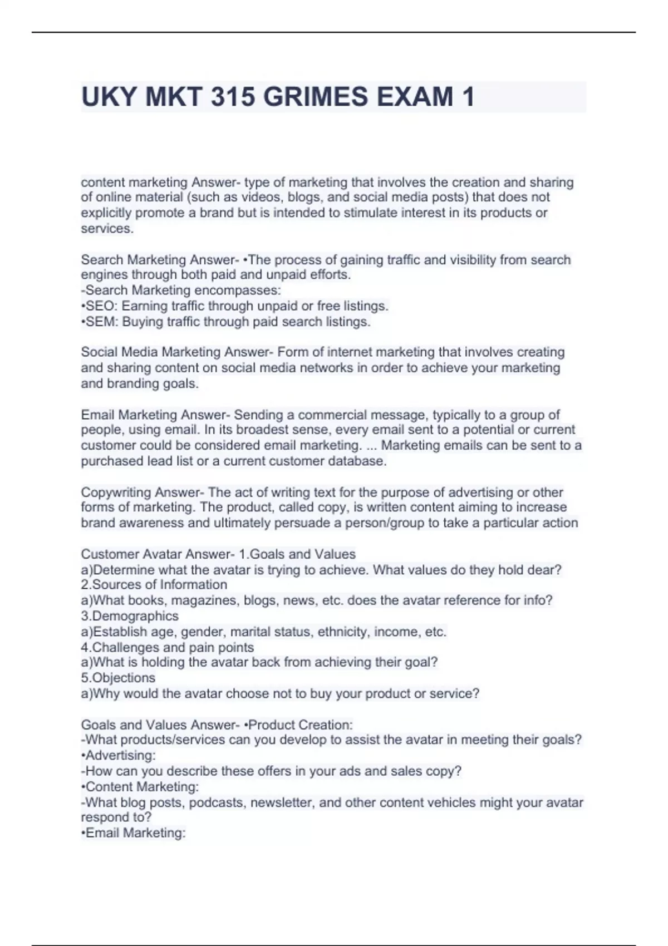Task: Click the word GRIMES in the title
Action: click(x=315, y=97)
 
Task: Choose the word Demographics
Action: click(x=135, y=616)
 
